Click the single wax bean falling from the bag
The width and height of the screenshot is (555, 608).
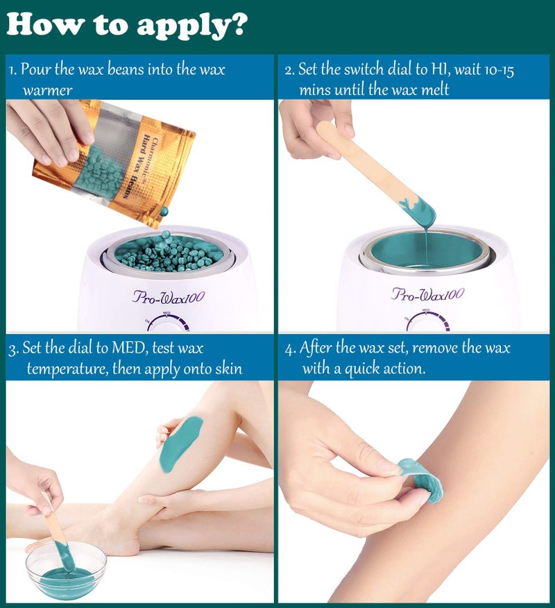pos(164,211)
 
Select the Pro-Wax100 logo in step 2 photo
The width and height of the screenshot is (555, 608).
pos(427,294)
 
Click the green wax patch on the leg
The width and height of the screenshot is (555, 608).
pos(180,444)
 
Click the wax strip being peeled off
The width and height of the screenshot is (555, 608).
pos(422,480)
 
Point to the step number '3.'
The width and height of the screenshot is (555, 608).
pos(13,348)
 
